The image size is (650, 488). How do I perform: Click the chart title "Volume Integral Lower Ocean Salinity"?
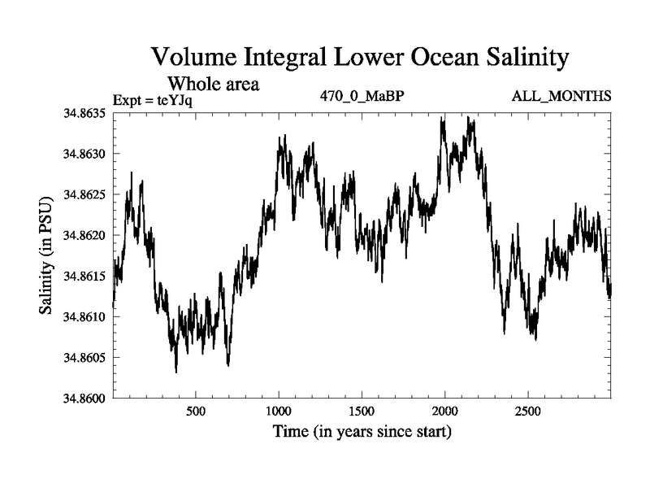(357, 59)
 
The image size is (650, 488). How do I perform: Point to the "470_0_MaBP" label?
(362, 97)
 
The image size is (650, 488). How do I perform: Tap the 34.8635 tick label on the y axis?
(84, 113)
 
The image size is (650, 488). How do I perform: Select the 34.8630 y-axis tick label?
(84, 154)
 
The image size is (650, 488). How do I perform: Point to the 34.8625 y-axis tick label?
(84, 194)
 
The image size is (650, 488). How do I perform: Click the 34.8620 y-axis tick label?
(84, 235)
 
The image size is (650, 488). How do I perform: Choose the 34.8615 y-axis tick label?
(84, 276)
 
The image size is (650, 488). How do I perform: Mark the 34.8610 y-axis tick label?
(84, 316)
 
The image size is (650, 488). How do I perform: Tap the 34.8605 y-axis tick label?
(84, 357)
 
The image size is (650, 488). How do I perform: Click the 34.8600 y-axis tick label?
(84, 398)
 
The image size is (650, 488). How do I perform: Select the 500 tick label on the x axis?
(196, 411)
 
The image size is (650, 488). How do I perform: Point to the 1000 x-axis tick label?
(279, 411)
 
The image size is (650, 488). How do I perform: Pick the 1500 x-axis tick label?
(362, 411)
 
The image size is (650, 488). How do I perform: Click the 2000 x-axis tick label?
(445, 411)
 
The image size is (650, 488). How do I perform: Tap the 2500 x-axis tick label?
(528, 411)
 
